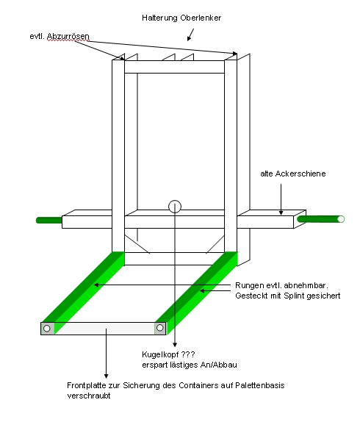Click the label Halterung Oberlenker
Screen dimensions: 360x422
(181, 18)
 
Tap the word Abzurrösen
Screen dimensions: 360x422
(68, 36)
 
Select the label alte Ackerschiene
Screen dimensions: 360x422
(293, 174)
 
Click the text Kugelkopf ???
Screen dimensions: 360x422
(168, 354)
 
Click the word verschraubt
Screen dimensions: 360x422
(89, 396)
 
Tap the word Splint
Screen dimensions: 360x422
(294, 296)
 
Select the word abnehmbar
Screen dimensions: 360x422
(306, 285)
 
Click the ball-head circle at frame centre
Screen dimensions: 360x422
(175, 207)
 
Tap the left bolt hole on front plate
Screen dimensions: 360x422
(47, 329)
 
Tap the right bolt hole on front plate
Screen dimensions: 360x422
(159, 328)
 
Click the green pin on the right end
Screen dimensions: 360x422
(321, 219)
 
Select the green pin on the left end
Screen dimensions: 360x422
(49, 220)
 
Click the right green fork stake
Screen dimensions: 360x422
(197, 293)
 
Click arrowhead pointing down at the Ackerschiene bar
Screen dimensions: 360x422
(281, 212)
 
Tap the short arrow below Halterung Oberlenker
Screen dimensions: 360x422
(190, 35)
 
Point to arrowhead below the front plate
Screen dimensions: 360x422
(107, 376)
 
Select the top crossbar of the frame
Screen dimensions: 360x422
(174, 67)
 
